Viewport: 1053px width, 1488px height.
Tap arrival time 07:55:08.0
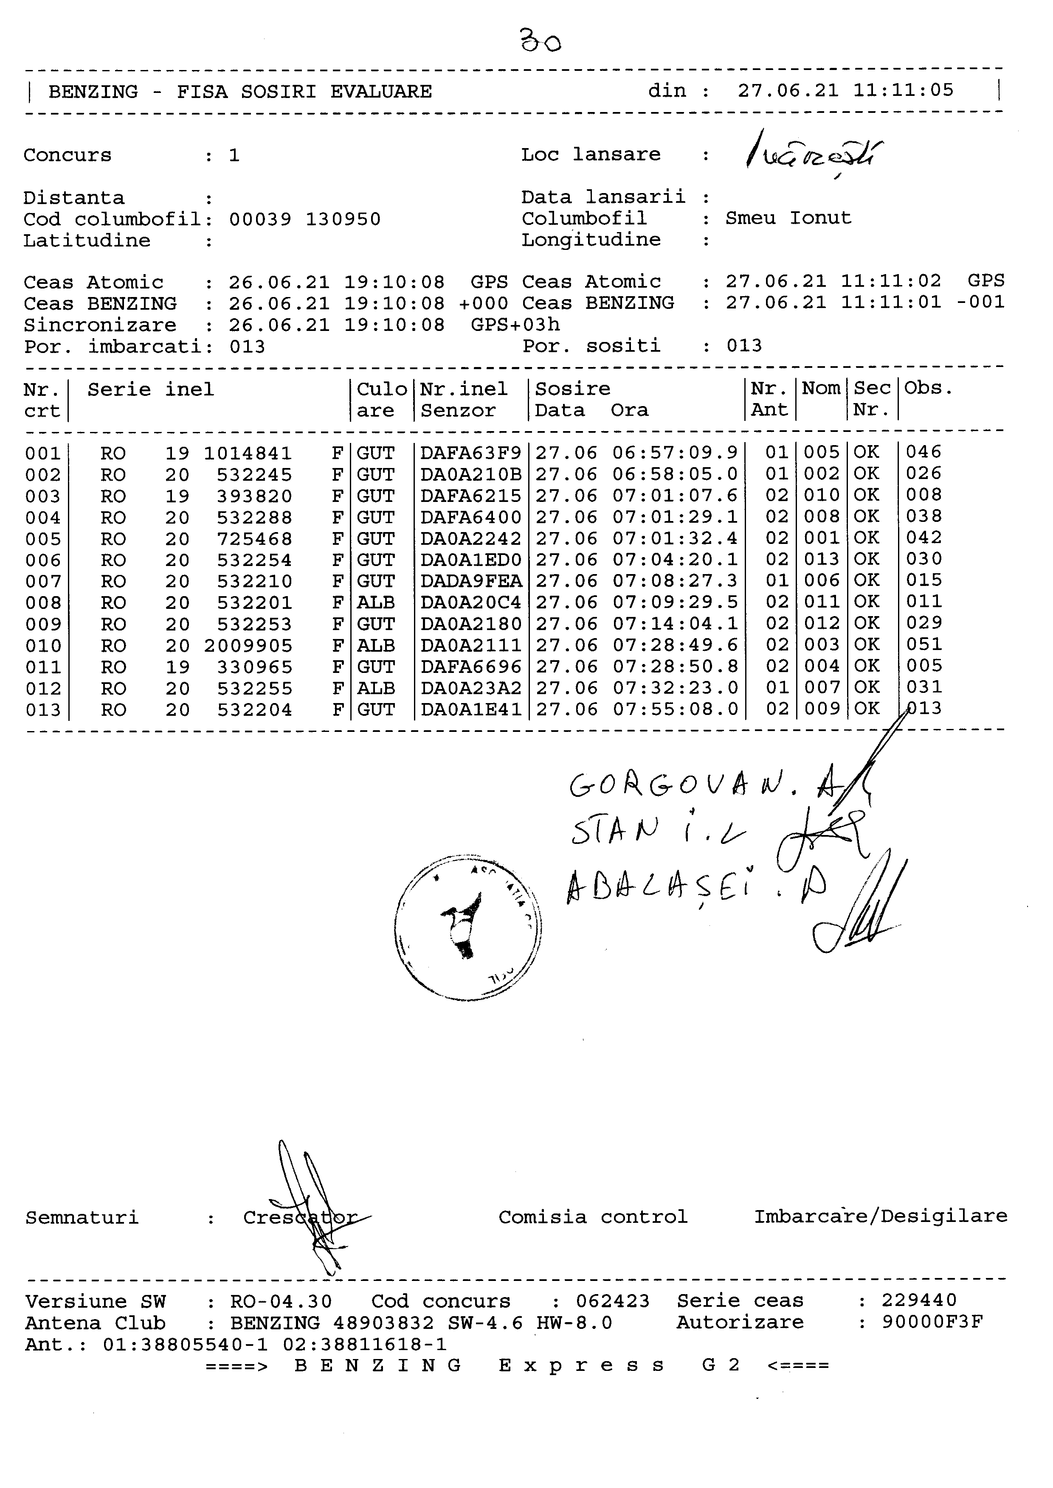(675, 710)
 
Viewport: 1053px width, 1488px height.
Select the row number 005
(43, 539)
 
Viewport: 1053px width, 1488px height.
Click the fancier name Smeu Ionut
(788, 219)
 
